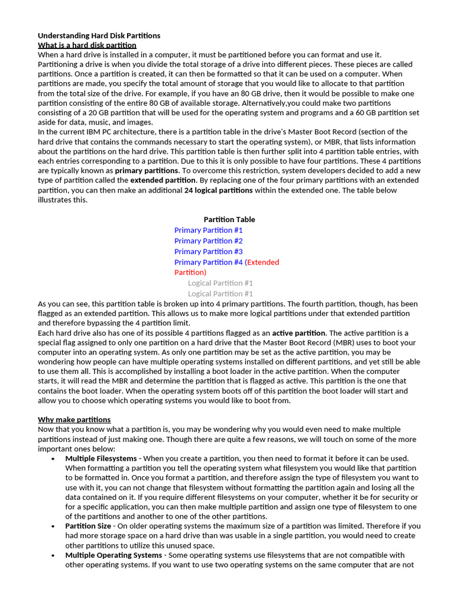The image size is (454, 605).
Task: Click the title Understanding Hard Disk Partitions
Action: pos(99,35)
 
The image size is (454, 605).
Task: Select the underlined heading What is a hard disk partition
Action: pos(87,45)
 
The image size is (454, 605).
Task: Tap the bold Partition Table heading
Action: pos(229,219)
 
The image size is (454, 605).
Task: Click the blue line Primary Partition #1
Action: pos(208,230)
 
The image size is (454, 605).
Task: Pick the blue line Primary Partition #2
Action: pos(208,240)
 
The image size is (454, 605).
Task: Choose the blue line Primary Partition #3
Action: pos(208,251)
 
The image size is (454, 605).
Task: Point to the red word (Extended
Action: pos(262,262)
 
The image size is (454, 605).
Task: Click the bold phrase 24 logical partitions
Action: pos(218,190)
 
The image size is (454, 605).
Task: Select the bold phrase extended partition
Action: pos(163,180)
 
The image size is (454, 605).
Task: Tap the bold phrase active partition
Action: pos(299,333)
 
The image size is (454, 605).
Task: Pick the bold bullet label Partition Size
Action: pos(88,526)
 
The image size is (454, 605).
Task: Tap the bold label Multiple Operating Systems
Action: pos(113,555)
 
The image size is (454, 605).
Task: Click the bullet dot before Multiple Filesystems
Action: pos(53,459)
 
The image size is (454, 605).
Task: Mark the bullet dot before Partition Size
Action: pos(53,526)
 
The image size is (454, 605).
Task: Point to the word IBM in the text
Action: pos(94,132)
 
